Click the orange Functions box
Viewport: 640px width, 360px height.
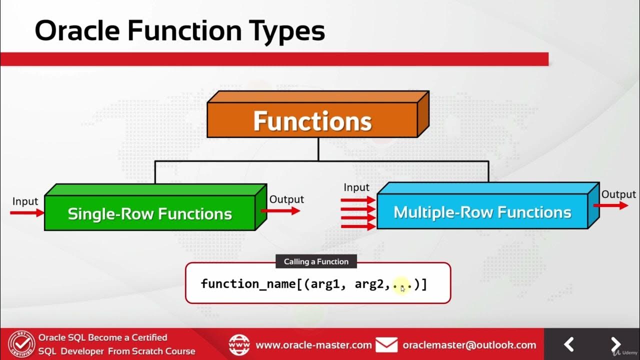[312, 121]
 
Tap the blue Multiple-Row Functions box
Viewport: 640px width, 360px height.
[482, 212]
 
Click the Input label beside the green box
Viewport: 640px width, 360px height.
[25, 201]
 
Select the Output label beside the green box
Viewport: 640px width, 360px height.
[286, 199]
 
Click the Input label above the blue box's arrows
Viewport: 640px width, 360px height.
[356, 187]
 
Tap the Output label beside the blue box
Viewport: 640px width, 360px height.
[618, 194]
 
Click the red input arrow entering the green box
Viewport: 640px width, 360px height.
[27, 213]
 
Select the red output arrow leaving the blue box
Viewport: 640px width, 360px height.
[610, 205]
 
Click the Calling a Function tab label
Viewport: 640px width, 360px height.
[316, 261]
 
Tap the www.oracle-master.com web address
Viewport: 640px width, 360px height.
[313, 345]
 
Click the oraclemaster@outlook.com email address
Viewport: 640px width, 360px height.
[469, 345]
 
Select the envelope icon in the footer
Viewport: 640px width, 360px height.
[386, 344]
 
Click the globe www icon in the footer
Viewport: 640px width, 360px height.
[239, 345]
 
